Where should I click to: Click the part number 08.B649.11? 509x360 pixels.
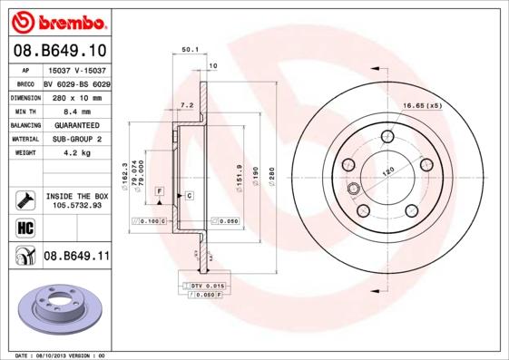click(x=76, y=257)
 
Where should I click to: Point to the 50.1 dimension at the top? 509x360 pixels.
click(x=190, y=50)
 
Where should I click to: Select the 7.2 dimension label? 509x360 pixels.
click(x=187, y=105)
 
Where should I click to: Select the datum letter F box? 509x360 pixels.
click(x=160, y=191)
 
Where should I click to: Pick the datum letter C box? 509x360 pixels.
click(x=189, y=195)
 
